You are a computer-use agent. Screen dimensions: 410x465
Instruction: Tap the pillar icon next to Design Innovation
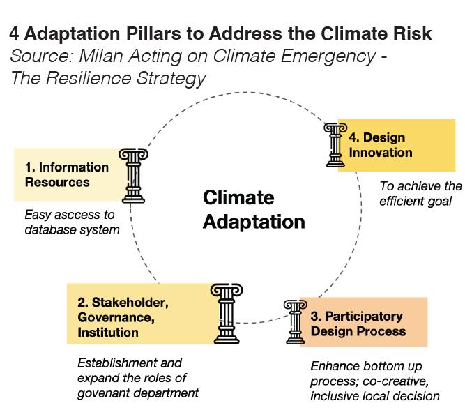pyautogui.click(x=335, y=144)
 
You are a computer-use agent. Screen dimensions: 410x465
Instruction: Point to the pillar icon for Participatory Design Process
pyautogui.click(x=296, y=321)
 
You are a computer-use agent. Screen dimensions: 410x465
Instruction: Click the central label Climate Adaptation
pyautogui.click(x=254, y=210)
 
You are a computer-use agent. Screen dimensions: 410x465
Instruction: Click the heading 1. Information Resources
pyautogui.click(x=67, y=174)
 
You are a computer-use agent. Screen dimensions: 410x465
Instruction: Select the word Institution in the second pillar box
pyautogui.click(x=108, y=333)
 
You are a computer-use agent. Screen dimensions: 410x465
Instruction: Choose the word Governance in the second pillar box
pyautogui.click(x=112, y=318)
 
